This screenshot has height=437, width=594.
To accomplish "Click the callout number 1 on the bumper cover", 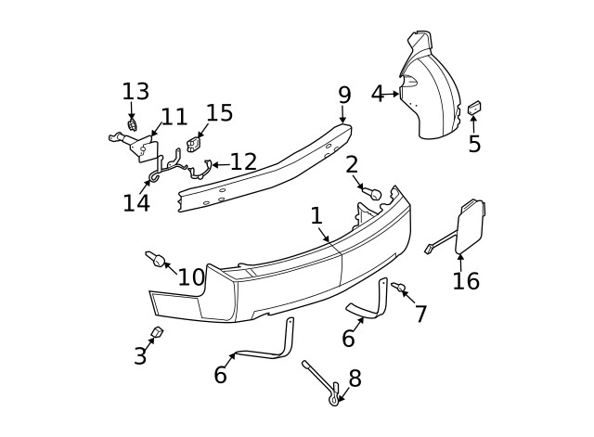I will tap(316, 216).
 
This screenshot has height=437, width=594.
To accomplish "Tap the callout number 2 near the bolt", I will tap(352, 165).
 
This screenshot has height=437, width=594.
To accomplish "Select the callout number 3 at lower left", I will tap(140, 355).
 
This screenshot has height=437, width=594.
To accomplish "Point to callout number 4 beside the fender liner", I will tap(377, 94).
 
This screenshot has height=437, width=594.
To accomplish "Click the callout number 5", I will tap(474, 145).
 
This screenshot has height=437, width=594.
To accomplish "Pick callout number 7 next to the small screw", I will tap(420, 315).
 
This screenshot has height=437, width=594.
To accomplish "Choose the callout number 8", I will tap(355, 379).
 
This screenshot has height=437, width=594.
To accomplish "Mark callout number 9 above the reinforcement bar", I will tap(344, 95).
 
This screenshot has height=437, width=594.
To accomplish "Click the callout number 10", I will tap(191, 276).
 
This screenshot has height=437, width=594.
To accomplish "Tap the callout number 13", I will tap(136, 91).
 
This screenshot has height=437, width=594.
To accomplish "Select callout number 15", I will tap(219, 113).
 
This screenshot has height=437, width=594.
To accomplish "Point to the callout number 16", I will tap(466, 280).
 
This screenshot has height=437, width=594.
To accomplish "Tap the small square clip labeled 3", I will tap(157, 333).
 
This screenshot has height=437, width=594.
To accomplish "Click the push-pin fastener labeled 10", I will tap(153, 257).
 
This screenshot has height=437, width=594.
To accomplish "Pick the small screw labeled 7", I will tap(398, 289).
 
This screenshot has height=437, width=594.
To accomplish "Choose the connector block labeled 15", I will tap(195, 145).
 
